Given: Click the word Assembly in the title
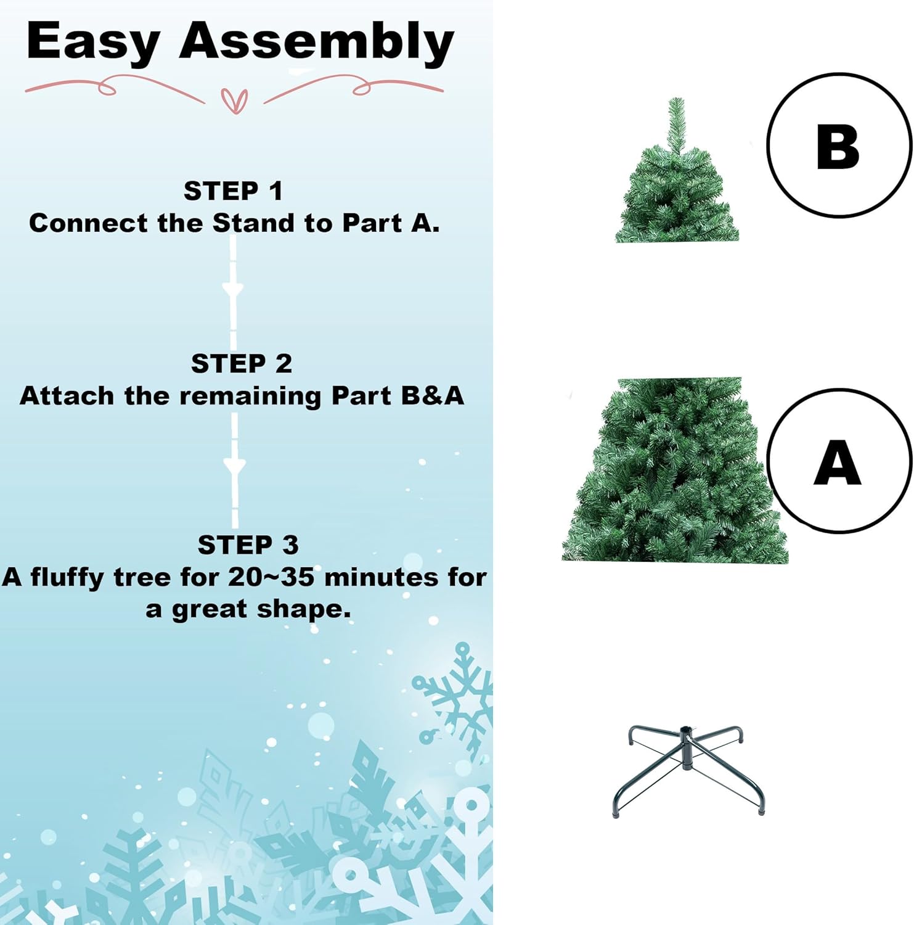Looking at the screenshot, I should coord(316,42).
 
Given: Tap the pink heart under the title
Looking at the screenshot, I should coord(235,101).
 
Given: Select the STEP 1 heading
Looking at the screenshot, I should coord(233,191).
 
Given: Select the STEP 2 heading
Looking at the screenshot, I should coord(241,363).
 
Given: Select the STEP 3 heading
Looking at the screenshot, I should coord(248,545).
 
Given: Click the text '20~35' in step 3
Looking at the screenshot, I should coord(271,577).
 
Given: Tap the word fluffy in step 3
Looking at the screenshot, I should coord(67,577).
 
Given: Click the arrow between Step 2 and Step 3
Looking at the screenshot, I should coord(234,466).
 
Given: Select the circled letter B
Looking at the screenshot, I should coord(838,146).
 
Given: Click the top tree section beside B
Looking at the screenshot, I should coord(677,191).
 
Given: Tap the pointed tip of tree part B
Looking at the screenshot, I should coord(676,102).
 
